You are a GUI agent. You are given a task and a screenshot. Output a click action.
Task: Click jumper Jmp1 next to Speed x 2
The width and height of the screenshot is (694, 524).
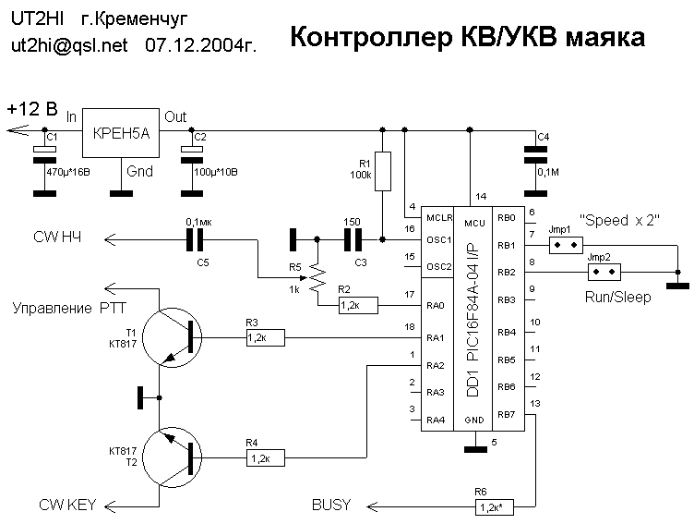tap(564, 245)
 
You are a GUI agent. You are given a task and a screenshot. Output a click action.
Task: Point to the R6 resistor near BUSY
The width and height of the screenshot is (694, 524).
tap(496, 507)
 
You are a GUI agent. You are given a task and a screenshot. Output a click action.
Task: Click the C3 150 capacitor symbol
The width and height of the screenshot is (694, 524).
tap(352, 241)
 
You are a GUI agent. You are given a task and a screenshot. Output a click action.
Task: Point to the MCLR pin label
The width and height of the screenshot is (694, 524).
tap(437, 218)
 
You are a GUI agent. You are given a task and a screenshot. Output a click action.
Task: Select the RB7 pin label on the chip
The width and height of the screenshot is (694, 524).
tap(505, 414)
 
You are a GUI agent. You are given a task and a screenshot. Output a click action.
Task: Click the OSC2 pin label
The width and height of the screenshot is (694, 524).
tap(438, 267)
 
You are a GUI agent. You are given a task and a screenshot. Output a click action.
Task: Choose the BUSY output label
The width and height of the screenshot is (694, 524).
tap(330, 505)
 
